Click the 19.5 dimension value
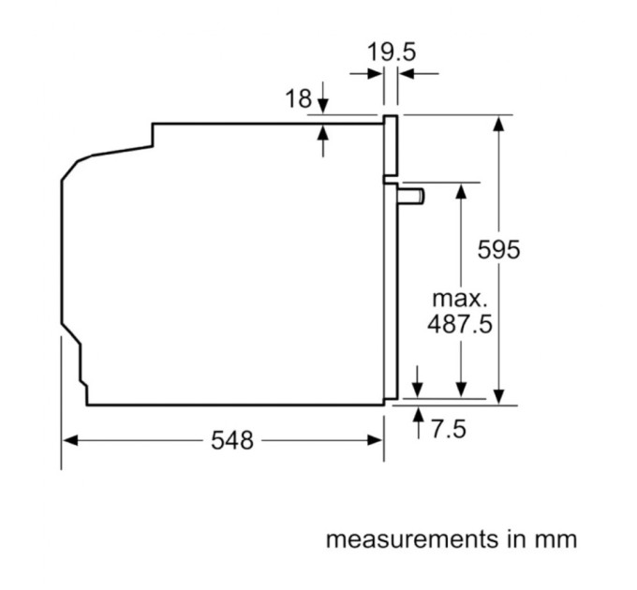pos(391,52)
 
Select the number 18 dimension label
pos(297,98)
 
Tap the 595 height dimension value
pos(498,250)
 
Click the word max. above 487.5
pos(460,300)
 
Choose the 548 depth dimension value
pos(231,440)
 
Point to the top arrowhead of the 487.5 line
pos(461,190)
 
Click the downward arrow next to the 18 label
pos(323,106)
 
